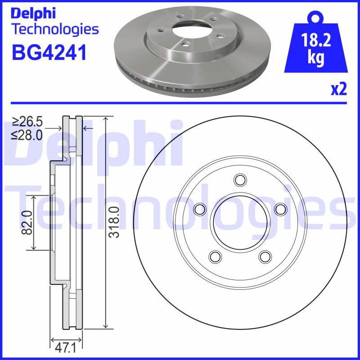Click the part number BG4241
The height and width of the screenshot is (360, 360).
pyautogui.click(x=48, y=52)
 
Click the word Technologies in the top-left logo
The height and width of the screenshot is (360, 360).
pyautogui.click(x=54, y=30)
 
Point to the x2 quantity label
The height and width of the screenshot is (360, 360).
pyautogui.click(x=338, y=90)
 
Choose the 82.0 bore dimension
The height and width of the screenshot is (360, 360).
pyautogui.click(x=27, y=222)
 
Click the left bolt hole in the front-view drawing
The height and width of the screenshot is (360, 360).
pyautogui.click(x=199, y=209)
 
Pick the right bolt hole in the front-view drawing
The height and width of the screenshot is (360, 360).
pyautogui.click(x=280, y=209)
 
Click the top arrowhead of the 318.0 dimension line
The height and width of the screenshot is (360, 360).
pyautogui.click(x=105, y=119)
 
